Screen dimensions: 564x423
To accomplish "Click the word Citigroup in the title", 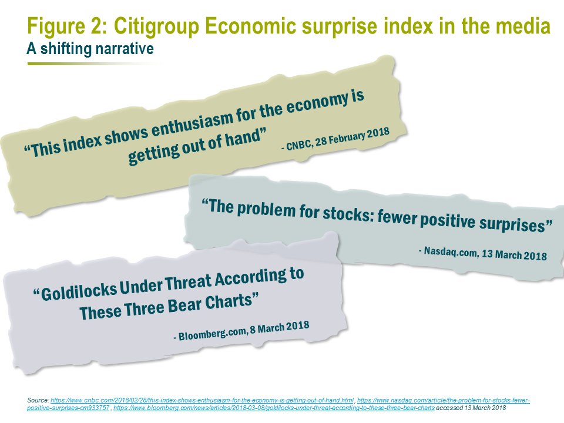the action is (x=156, y=26).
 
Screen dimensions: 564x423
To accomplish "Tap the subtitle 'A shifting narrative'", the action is (x=90, y=49).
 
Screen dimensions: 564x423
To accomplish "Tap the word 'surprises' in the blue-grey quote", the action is (x=515, y=224).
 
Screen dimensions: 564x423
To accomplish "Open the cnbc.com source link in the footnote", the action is (x=202, y=400).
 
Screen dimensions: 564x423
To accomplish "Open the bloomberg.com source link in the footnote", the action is (x=274, y=408).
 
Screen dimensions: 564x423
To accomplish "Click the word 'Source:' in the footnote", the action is (x=38, y=400).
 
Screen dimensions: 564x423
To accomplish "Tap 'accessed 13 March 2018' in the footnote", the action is (x=471, y=408).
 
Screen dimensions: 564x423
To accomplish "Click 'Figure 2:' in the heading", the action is (x=67, y=26).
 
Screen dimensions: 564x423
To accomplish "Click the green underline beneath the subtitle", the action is (x=93, y=63).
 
